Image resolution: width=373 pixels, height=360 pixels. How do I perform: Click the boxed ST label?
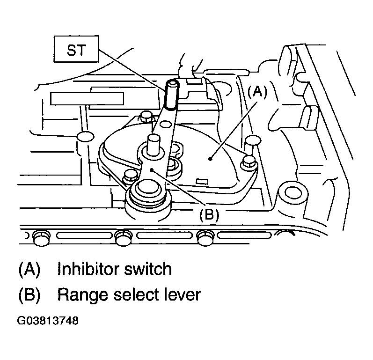[76, 49]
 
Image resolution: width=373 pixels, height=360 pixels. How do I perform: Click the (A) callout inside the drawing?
[257, 92]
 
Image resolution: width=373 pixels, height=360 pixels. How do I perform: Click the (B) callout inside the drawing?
[209, 215]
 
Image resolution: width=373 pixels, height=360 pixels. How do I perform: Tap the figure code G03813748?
[48, 321]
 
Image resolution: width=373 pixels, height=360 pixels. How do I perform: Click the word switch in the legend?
[148, 269]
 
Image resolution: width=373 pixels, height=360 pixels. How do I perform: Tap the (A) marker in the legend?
[29, 269]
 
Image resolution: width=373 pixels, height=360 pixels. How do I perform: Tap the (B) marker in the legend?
[29, 295]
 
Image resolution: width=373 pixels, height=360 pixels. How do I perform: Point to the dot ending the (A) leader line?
[210, 158]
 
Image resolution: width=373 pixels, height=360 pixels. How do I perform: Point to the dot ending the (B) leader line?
[152, 169]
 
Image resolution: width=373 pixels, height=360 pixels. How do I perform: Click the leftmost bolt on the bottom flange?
[41, 237]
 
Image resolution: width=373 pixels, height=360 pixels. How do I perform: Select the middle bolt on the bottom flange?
[124, 237]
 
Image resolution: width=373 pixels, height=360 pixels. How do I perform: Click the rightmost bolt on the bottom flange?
[205, 237]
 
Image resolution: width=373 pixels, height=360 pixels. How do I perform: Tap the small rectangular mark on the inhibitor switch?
[202, 182]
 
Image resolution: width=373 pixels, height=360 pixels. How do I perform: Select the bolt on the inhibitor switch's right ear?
[248, 163]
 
